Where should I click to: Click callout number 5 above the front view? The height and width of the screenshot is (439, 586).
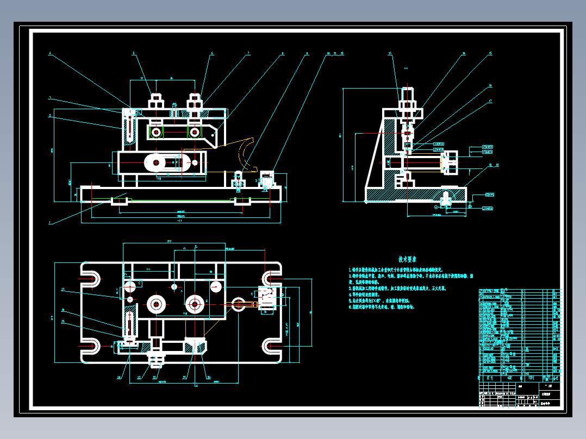click(134, 53)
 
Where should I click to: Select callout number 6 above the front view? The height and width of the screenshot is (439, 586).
click(212, 53)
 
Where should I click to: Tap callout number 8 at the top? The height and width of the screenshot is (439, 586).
click(283, 53)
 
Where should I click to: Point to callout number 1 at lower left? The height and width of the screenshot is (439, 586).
click(50, 222)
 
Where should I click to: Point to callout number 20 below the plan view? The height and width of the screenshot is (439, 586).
click(208, 377)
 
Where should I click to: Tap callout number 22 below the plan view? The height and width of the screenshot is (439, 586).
click(139, 377)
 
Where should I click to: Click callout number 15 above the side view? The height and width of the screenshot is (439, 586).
click(390, 53)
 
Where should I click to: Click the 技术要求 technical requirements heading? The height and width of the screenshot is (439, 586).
click(408, 260)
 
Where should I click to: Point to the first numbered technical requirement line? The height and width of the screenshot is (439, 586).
click(396, 269)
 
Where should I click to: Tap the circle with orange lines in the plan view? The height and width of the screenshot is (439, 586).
click(238, 303)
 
